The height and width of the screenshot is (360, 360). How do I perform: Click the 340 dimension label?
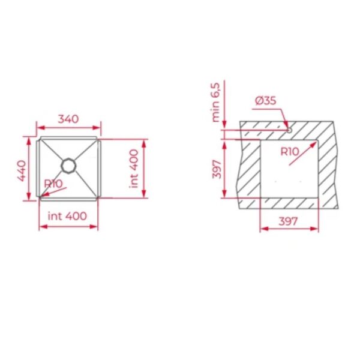pyautogui.click(x=68, y=119)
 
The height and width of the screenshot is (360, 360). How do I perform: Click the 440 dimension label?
pyautogui.click(x=22, y=170)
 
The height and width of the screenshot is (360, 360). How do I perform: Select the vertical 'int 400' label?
pyautogui.click(x=134, y=169)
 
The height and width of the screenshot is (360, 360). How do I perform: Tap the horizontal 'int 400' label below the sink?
pyautogui.click(x=67, y=216)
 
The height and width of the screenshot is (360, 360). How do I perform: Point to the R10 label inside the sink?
pyautogui.click(x=53, y=184)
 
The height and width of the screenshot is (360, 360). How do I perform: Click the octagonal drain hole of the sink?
pyautogui.click(x=68, y=166)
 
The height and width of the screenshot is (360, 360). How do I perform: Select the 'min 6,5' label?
pyautogui.click(x=216, y=103)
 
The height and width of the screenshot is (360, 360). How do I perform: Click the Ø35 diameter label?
pyautogui.click(x=266, y=101)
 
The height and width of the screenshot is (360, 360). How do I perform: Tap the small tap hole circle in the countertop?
pyautogui.click(x=289, y=130)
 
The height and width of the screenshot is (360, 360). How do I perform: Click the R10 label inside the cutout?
pyautogui.click(x=290, y=151)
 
